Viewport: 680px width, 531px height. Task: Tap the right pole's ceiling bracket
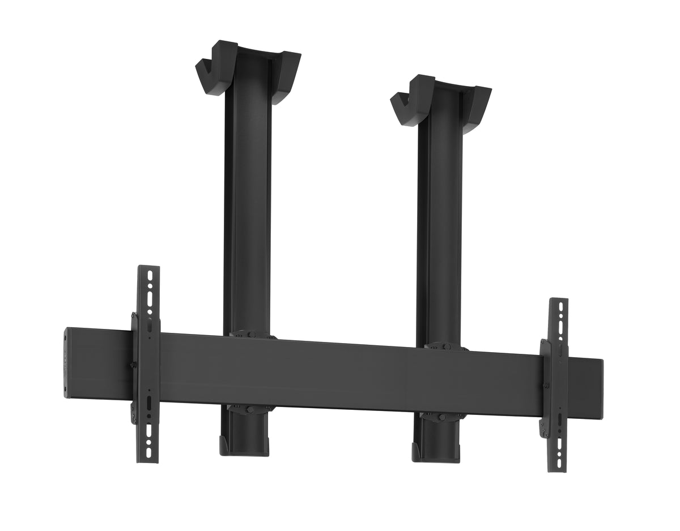441,102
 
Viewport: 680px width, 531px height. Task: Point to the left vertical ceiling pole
247,215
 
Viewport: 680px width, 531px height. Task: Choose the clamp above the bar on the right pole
447,345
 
